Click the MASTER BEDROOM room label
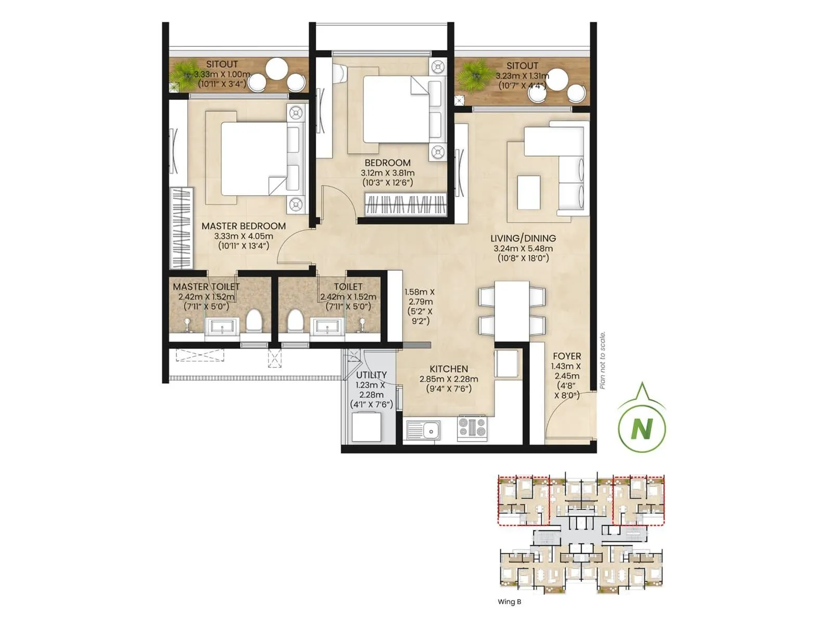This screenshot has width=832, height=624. click(x=243, y=226)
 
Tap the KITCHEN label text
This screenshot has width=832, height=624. click(x=448, y=369)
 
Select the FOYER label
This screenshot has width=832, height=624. click(x=567, y=356)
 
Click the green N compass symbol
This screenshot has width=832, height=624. click(x=642, y=428)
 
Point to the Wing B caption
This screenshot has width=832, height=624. click(x=509, y=602)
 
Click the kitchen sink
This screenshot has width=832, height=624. click(x=423, y=430)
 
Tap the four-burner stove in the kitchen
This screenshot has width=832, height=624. click(x=472, y=427)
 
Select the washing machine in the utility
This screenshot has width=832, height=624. click(x=366, y=427)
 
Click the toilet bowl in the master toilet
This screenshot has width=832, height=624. click(x=254, y=321)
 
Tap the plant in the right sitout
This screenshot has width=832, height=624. click(x=473, y=75)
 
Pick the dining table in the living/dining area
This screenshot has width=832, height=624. click(x=512, y=310)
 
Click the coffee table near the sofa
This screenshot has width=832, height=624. click(x=528, y=193)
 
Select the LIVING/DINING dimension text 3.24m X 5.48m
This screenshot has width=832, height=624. click(x=523, y=249)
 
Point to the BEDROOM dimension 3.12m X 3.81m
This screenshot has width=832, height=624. click(x=387, y=173)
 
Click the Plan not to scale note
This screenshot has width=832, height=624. click(x=602, y=360)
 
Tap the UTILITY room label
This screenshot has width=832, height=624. click(x=371, y=375)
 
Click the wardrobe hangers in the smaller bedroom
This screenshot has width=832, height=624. click(x=406, y=204)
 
